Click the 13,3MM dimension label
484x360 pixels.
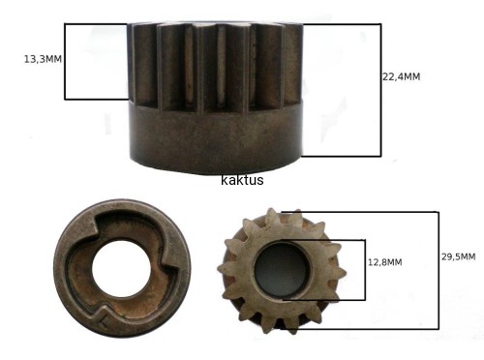coord(43,59)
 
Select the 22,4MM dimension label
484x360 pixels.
coord(402,76)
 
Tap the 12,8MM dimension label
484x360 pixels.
coord(385,262)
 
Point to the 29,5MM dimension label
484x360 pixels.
coord(459,256)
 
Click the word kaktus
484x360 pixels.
coord(242,180)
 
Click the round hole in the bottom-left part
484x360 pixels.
coord(122,268)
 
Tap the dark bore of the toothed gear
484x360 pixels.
coord(281,270)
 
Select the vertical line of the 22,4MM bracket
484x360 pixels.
coord(380,90)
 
